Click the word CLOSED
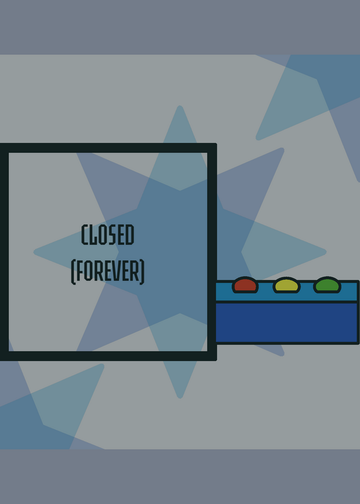pyautogui.click(x=108, y=234)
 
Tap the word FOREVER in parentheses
pyautogui.click(x=108, y=272)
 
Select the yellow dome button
pyautogui.click(x=287, y=285)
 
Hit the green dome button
pyautogui.click(x=327, y=285)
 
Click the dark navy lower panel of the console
pyautogui.click(x=287, y=323)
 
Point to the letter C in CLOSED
pyautogui.click(x=85, y=234)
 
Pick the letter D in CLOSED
pyautogui.click(x=130, y=234)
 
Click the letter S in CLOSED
pyautogui.click(x=112, y=234)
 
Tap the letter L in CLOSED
pyautogui.click(x=93, y=234)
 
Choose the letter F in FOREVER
pyautogui.click(x=79, y=272)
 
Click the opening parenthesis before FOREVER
pyautogui.click(x=73, y=272)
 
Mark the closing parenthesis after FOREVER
pyautogui.click(x=142, y=272)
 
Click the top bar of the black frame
pyautogui.click(x=108, y=148)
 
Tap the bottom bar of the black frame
pyautogui.click(x=108, y=356)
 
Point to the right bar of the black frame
pyautogui.click(x=212, y=252)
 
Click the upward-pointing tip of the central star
pyautogui.click(x=180, y=106)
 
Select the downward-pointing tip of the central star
pyautogui.click(x=180, y=398)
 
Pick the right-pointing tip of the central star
pyautogui.click(x=325, y=252)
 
